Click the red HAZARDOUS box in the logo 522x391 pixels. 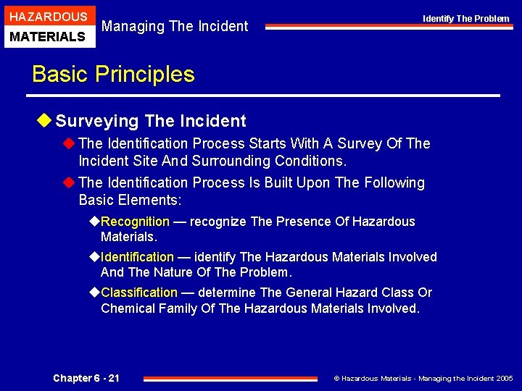tap(49, 16)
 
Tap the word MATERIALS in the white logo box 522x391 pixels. tap(49, 36)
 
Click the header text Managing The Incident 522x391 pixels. tap(175, 27)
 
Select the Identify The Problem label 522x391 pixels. tap(465, 19)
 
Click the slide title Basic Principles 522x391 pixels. tap(113, 75)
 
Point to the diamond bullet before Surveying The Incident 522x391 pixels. tap(47, 121)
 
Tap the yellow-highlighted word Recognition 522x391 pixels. tap(135, 222)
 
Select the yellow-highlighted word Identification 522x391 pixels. tap(137, 257)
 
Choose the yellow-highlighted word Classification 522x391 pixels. tap(138, 293)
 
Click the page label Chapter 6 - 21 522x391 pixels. tap(86, 378)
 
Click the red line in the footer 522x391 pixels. tap(231, 378)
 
